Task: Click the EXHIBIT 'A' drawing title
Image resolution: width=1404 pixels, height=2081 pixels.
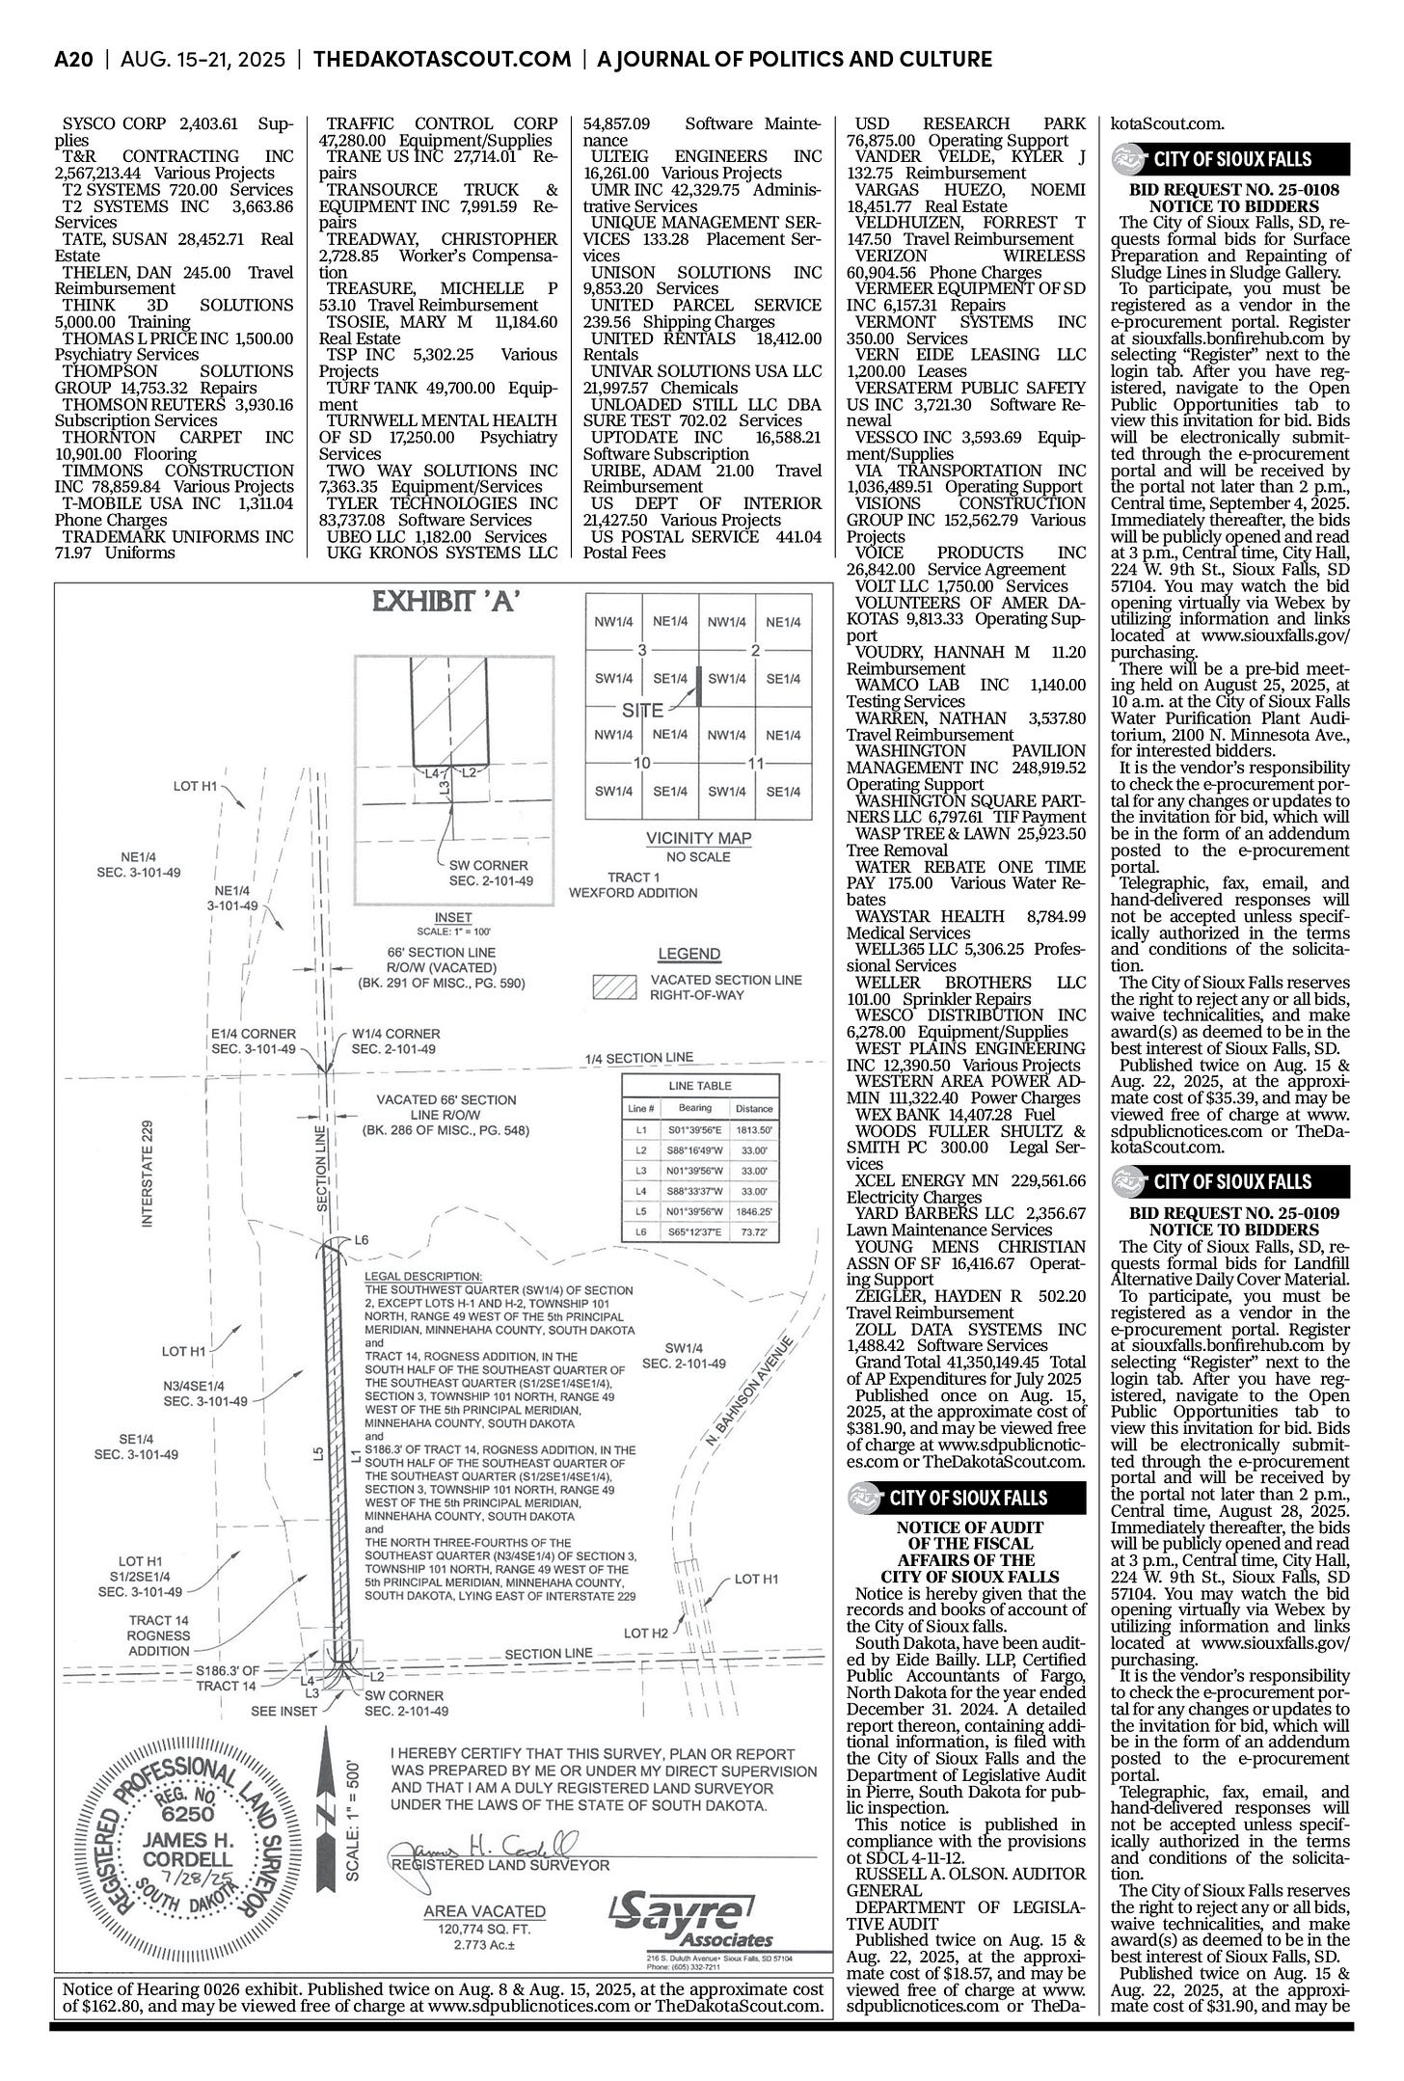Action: coord(446,605)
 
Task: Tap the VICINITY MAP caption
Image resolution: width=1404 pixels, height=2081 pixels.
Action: coord(698,838)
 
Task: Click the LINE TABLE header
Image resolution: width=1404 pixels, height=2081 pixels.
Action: coord(699,1086)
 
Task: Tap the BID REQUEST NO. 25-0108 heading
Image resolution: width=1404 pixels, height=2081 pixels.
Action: coord(1231,190)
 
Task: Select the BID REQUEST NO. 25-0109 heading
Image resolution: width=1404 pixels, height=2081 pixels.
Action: coord(1231,1213)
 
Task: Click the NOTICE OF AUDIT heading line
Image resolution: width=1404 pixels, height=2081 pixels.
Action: coord(969,1527)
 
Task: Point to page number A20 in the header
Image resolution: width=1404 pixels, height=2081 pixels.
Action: coord(73,60)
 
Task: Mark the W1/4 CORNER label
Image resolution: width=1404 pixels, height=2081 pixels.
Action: coord(395,1033)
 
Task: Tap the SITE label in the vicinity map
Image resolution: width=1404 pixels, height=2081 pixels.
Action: coord(642,711)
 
